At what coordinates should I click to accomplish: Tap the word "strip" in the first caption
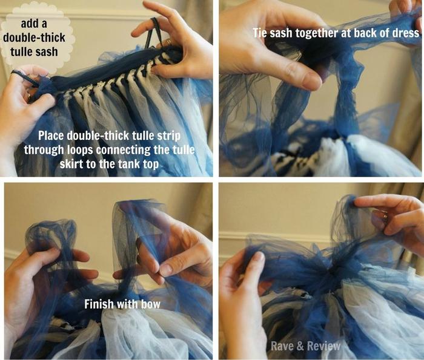coord(169,136)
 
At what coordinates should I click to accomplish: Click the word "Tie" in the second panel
coord(260,33)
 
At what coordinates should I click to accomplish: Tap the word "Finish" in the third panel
coord(99,304)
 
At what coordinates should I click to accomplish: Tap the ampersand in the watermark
coord(301,346)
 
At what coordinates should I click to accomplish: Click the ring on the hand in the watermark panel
coord(385,215)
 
